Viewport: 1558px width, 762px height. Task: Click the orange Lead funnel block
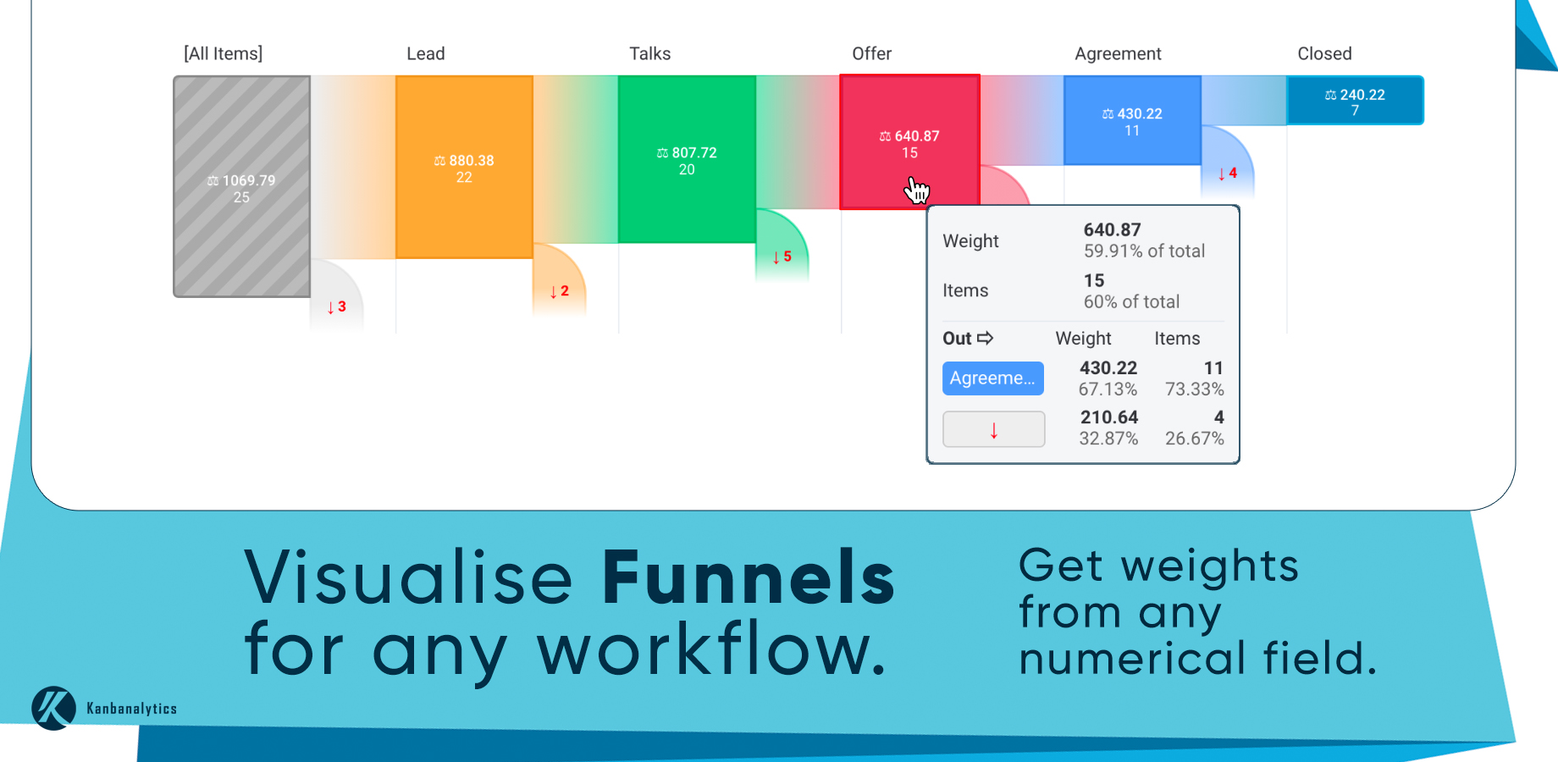pos(464,167)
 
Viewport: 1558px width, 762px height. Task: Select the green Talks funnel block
pos(687,159)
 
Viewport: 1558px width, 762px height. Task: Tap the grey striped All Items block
pos(242,186)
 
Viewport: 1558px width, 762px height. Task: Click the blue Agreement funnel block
pos(1132,120)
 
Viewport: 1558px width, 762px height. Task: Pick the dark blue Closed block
pos(1355,101)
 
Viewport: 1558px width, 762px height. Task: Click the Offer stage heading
pos(871,54)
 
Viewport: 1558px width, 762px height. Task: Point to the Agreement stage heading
pos(1118,54)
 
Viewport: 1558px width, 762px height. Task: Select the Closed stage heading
pos(1324,54)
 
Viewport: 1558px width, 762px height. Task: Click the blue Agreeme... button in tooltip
pos(992,378)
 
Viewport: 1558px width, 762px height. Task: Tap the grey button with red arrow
pos(993,429)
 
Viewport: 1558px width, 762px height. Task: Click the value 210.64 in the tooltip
pos(1109,417)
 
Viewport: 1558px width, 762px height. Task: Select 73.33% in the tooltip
pos(1194,389)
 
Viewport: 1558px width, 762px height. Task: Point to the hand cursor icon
pos(916,190)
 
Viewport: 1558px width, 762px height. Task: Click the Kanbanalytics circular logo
pos(54,708)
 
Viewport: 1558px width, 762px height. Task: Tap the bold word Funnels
pos(748,577)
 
